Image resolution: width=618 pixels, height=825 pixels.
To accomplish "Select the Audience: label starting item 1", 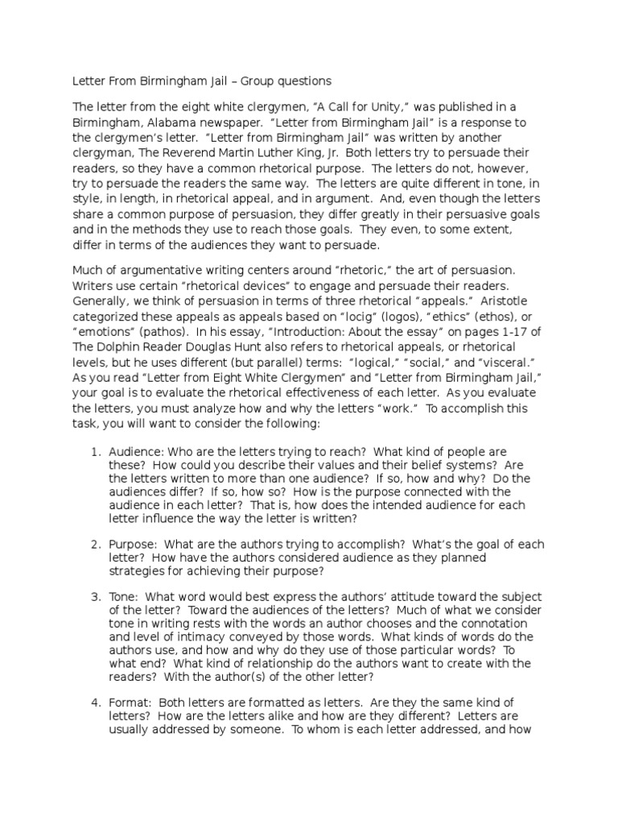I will [134, 452].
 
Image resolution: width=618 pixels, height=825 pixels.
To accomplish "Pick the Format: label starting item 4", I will [129, 703].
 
